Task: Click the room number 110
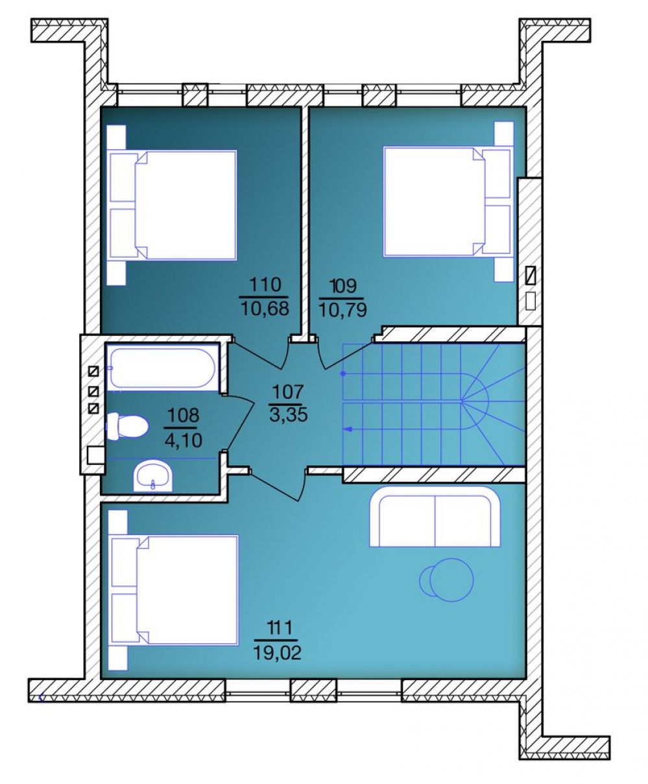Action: click(x=265, y=285)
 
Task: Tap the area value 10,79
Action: click(x=342, y=311)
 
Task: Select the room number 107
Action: click(x=288, y=392)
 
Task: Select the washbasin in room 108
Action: click(x=153, y=477)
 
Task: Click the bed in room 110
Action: click(x=172, y=205)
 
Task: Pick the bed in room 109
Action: click(x=448, y=202)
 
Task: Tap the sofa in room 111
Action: click(x=435, y=517)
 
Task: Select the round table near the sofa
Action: click(x=446, y=580)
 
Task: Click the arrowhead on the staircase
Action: click(x=348, y=429)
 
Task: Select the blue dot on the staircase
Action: click(x=342, y=374)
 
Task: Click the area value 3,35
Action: click(x=289, y=415)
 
